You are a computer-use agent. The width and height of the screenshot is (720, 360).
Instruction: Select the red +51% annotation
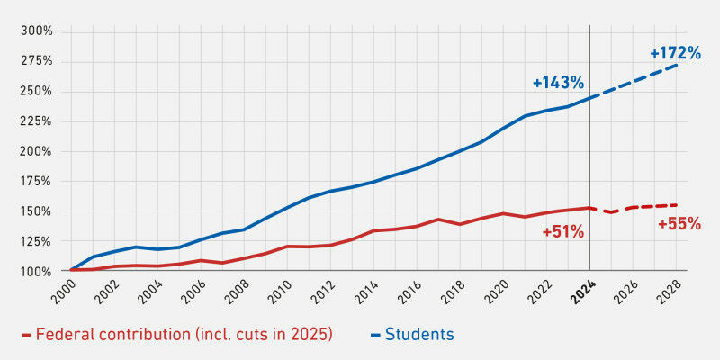point(563,232)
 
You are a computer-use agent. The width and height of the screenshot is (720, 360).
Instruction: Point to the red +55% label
point(679,224)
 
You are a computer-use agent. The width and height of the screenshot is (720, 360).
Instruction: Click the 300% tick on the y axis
point(36,31)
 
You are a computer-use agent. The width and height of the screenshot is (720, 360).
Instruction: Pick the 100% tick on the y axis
point(36,272)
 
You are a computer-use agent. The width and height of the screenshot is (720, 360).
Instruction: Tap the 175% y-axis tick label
point(36,181)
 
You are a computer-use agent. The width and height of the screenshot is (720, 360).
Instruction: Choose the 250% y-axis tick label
point(36,91)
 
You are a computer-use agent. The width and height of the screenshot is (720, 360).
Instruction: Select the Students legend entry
point(419,335)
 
